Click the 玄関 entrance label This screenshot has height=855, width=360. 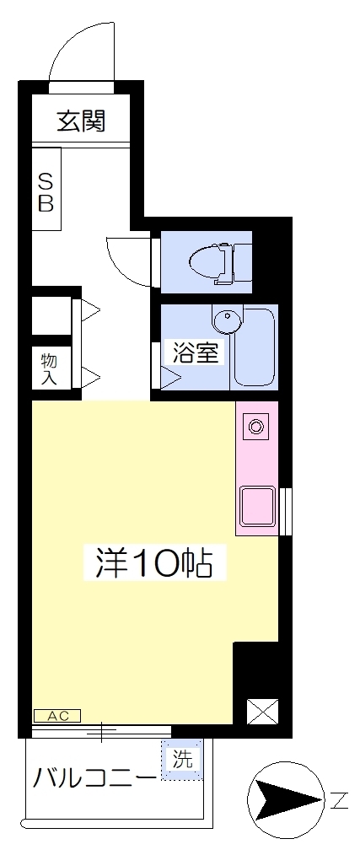point(81,122)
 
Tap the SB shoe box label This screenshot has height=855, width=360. point(47,191)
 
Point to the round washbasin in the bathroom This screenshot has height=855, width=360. point(226,321)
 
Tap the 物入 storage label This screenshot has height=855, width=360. point(48,368)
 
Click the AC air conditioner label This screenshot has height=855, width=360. point(57,716)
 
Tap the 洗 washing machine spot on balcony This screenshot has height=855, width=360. point(182,758)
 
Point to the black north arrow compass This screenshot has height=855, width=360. point(284,797)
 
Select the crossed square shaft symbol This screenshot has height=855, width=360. point(260,711)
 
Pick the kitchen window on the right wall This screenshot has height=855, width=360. point(286,511)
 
